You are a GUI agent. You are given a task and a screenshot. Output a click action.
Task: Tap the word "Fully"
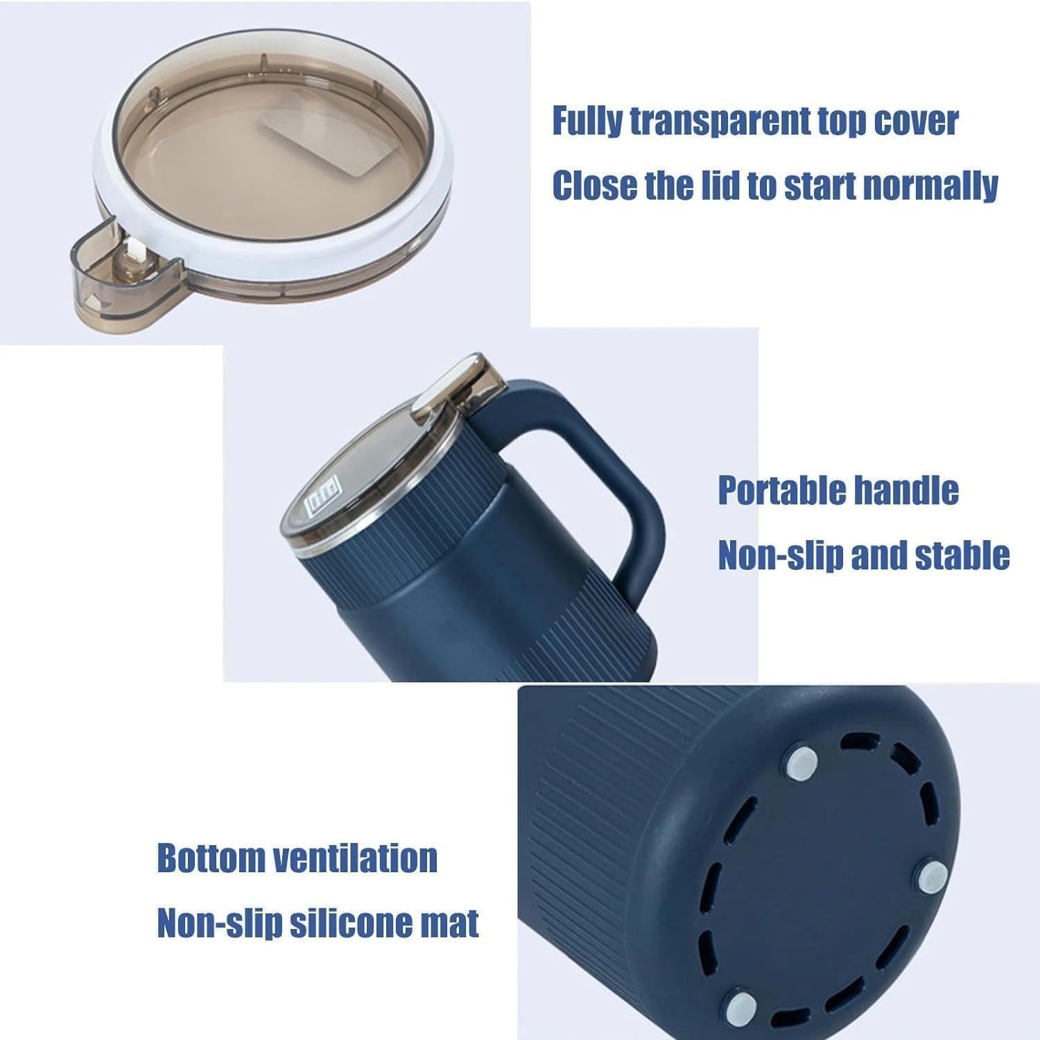click(x=587, y=121)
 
